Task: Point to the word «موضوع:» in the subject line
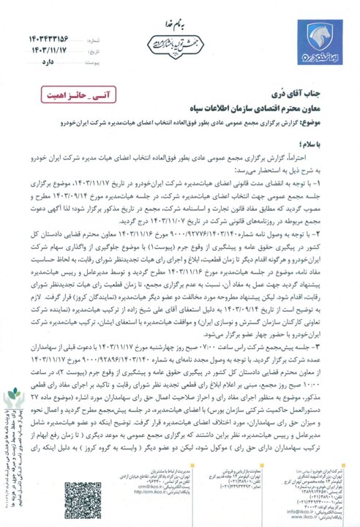pos(336,122)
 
